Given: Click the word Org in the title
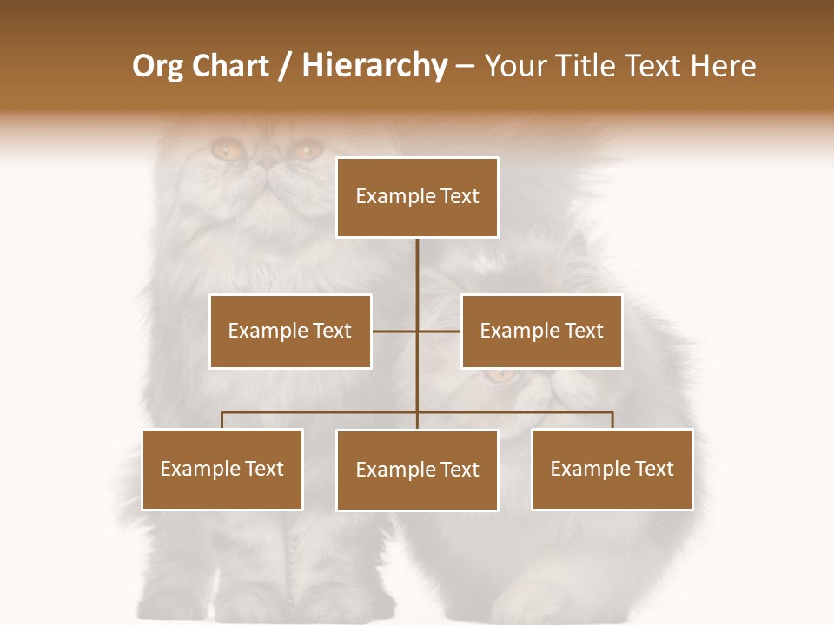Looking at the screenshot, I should pos(160,66).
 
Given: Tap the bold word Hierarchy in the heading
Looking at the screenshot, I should pos(374,66).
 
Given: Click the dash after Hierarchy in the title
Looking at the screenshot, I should pos(465,66).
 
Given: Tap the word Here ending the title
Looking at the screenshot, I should pos(723,66).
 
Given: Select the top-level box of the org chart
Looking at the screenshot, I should pos(417,197).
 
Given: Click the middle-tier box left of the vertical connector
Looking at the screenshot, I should pos(290,331).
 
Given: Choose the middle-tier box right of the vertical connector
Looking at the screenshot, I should pos(541,331).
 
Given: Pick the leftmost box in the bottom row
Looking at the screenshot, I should pos(222,469).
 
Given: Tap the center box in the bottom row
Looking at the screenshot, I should pos(417,470).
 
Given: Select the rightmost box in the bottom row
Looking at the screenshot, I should pos(612,469).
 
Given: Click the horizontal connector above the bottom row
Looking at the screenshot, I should pos(321,412).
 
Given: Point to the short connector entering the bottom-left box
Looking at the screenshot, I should pos(222,420).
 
